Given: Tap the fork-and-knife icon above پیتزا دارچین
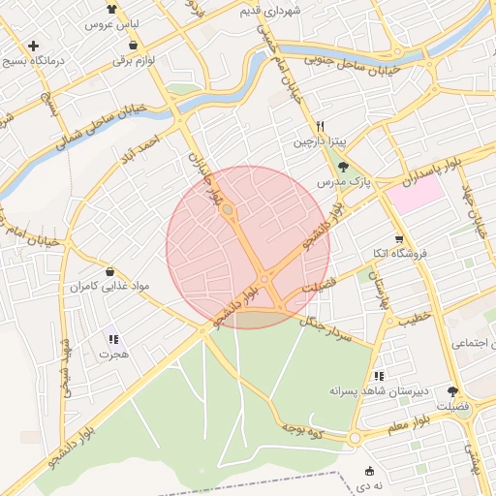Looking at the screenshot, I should [x=320, y=127].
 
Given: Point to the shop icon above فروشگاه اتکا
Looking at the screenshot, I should [x=398, y=239].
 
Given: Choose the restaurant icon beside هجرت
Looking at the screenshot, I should [x=113, y=340].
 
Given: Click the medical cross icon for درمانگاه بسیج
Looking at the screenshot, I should [x=34, y=46].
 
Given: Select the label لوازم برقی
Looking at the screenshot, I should [x=134, y=61].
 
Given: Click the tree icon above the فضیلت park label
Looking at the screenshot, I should [x=453, y=391].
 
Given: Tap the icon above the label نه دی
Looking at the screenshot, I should [x=367, y=471].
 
